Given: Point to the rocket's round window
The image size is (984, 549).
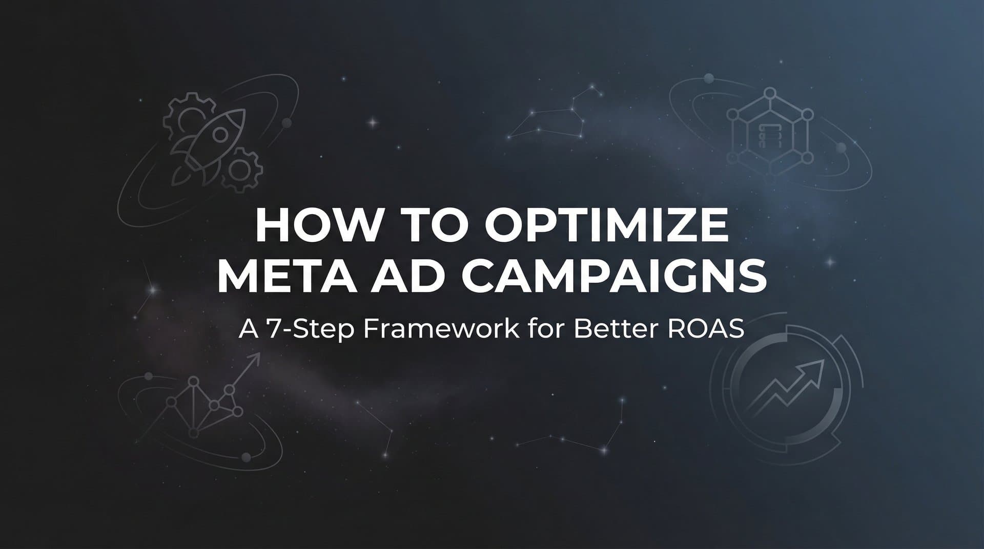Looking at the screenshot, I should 220,135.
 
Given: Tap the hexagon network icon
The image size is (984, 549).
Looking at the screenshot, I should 769,136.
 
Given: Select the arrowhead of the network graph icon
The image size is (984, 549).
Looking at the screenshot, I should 255,357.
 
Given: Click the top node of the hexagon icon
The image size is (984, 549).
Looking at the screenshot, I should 769,93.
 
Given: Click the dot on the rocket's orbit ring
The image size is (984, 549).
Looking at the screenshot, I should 287,123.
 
